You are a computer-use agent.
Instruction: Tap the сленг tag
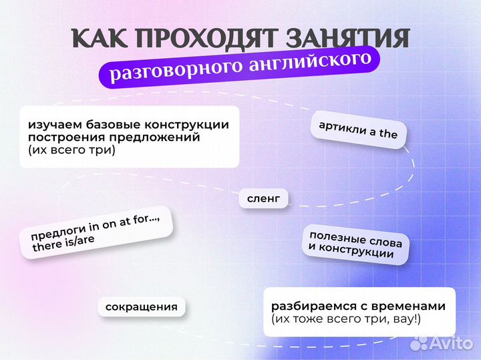click(263, 198)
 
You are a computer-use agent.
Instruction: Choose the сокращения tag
click(142, 307)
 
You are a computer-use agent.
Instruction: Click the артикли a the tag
click(358, 130)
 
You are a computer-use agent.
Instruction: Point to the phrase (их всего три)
click(71, 150)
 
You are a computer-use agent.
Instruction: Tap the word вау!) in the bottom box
click(405, 319)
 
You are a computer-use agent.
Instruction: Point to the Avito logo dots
click(419, 343)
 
